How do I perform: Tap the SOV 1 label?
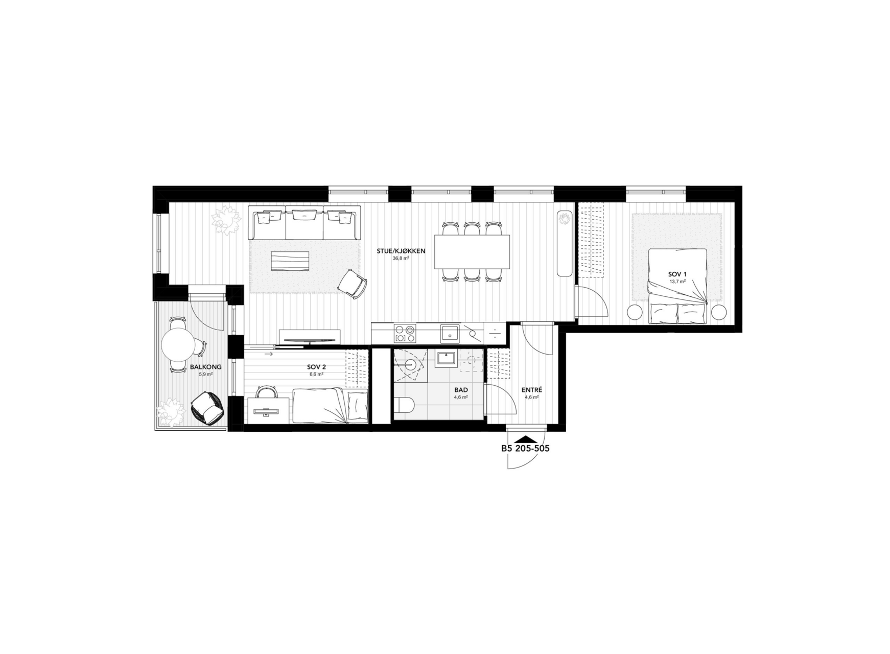pyautogui.click(x=677, y=274)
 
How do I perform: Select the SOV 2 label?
pyautogui.click(x=317, y=367)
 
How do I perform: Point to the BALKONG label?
pyautogui.click(x=205, y=367)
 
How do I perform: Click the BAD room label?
pyautogui.click(x=461, y=390)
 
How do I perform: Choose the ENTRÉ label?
pyautogui.click(x=531, y=390)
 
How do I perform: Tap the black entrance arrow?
pyautogui.click(x=526, y=438)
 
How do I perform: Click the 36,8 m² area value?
pyautogui.click(x=401, y=259)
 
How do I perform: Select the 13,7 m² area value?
pyautogui.click(x=677, y=282)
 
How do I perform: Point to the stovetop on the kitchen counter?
pyautogui.click(x=405, y=334)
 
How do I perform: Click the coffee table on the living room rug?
pyautogui.click(x=291, y=262)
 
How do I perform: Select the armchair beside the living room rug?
pyautogui.click(x=353, y=284)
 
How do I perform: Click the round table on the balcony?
pyautogui.click(x=177, y=345)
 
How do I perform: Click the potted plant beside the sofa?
pyautogui.click(x=226, y=220)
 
